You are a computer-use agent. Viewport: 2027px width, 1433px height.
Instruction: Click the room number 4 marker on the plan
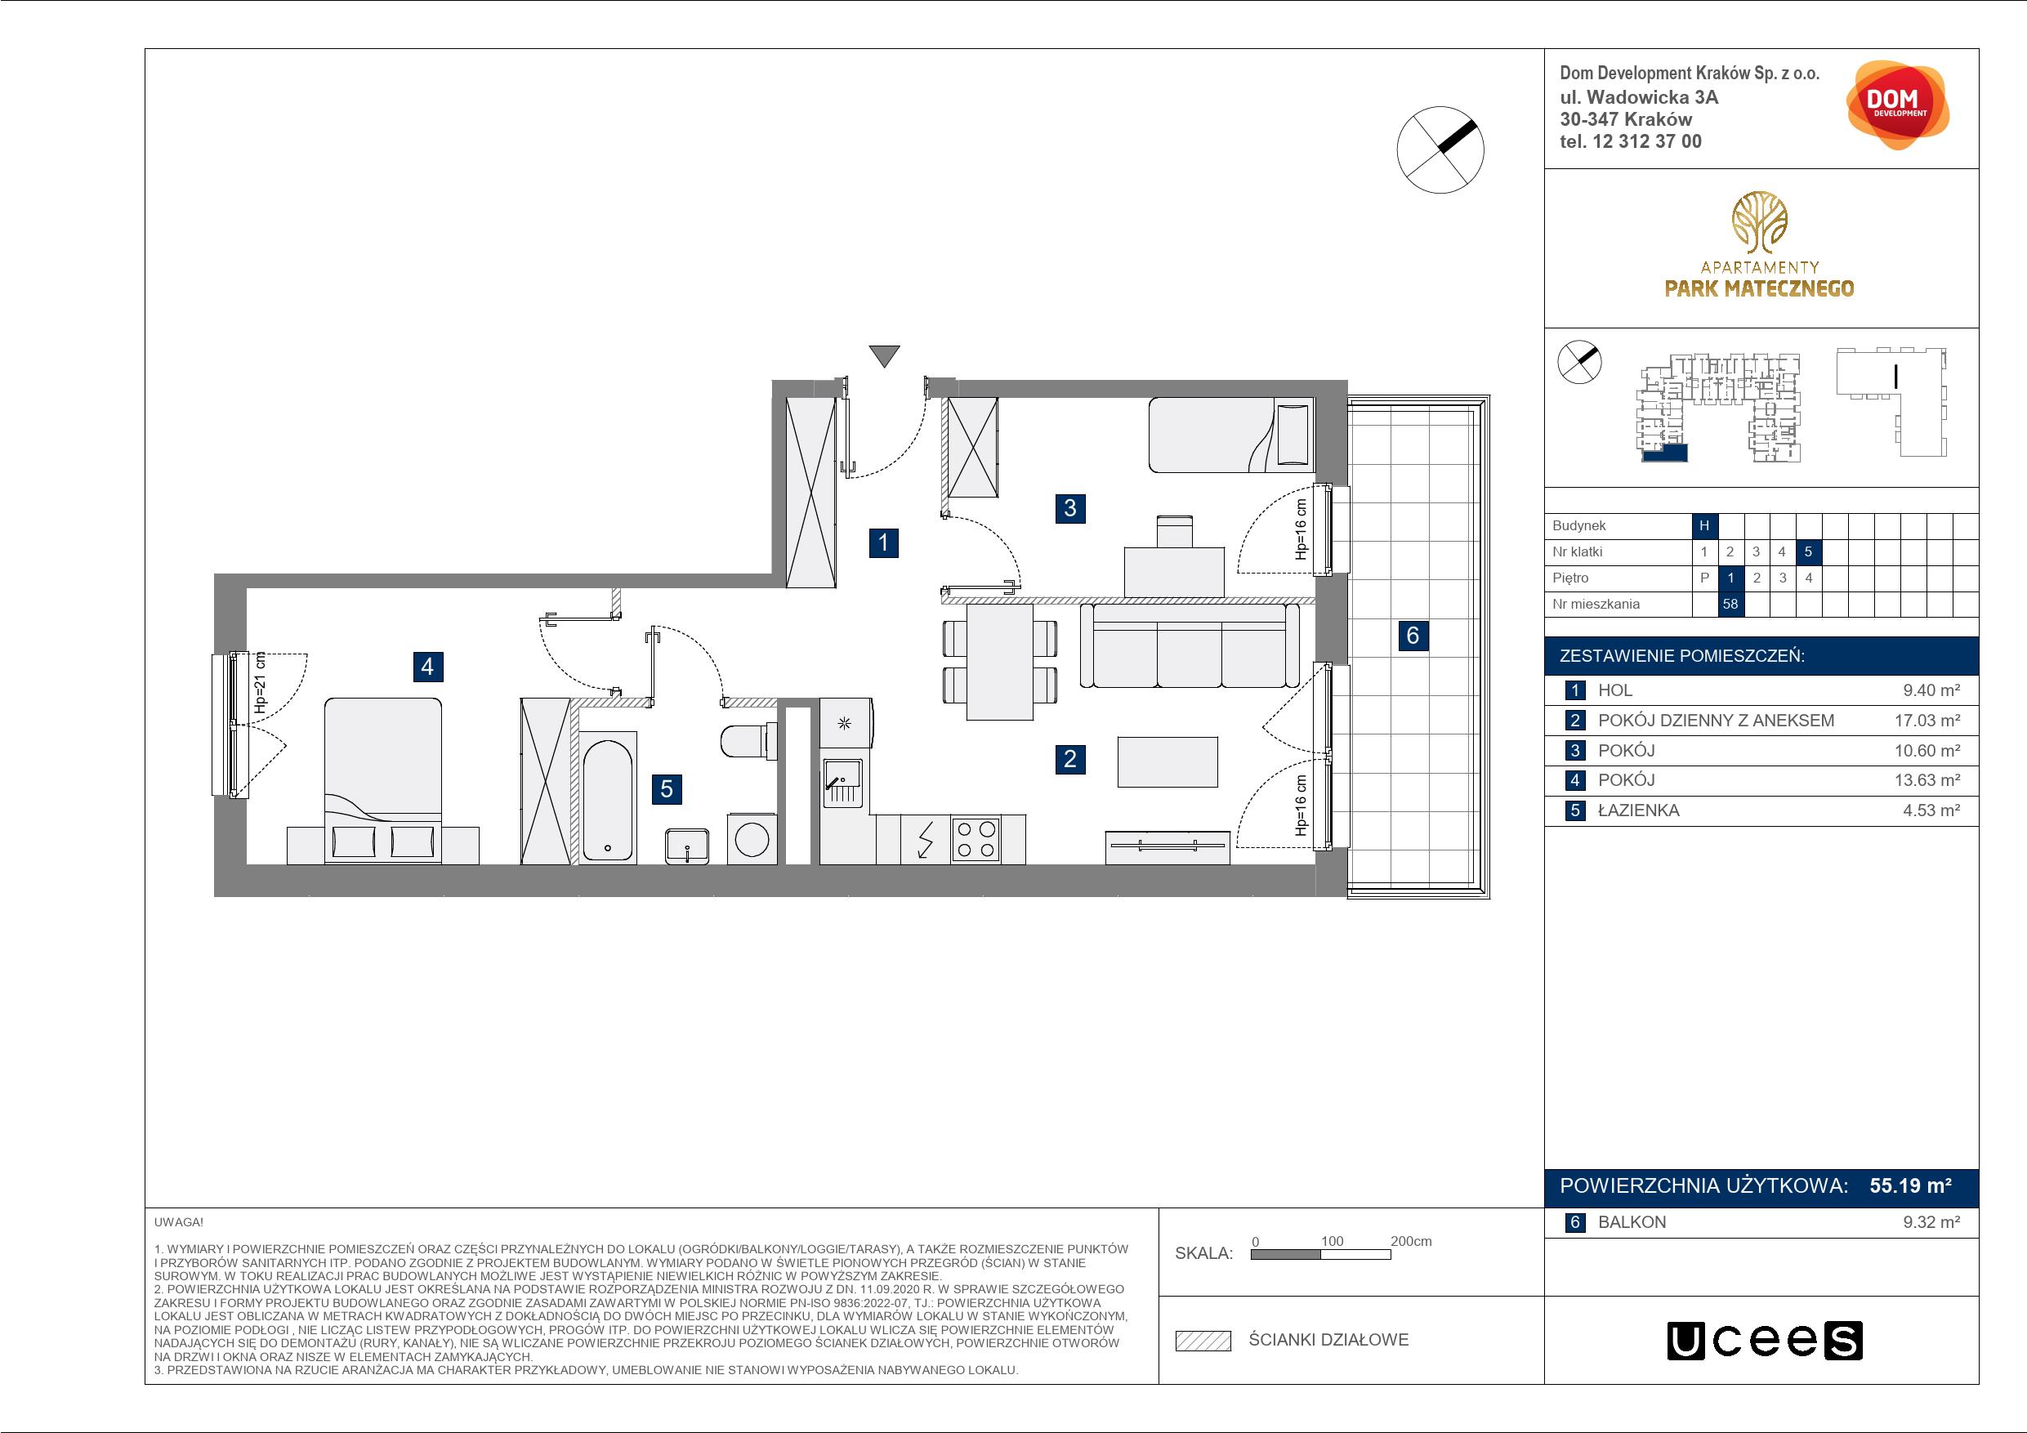427,666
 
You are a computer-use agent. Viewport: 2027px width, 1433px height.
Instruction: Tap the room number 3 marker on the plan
1070,507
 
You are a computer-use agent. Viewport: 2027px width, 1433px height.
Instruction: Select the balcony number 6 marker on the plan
1413,635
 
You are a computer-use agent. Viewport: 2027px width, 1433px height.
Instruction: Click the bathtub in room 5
609,801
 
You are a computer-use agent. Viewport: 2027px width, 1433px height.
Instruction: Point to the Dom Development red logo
1896,105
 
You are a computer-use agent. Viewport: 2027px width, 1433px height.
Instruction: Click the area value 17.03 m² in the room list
1927,721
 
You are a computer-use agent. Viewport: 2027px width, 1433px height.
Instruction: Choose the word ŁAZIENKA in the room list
1639,810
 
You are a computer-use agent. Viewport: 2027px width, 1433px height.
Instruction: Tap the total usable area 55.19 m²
1910,1185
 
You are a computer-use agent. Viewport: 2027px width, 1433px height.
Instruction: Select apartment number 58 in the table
1730,605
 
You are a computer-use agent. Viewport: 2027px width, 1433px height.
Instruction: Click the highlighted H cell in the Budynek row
1704,525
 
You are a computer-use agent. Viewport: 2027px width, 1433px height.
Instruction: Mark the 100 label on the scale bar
1333,1241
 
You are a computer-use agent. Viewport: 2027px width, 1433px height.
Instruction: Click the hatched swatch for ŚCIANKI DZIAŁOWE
1203,1341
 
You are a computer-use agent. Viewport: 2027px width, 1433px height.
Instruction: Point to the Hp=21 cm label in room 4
260,682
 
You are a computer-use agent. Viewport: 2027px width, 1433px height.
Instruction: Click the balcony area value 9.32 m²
1931,1223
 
